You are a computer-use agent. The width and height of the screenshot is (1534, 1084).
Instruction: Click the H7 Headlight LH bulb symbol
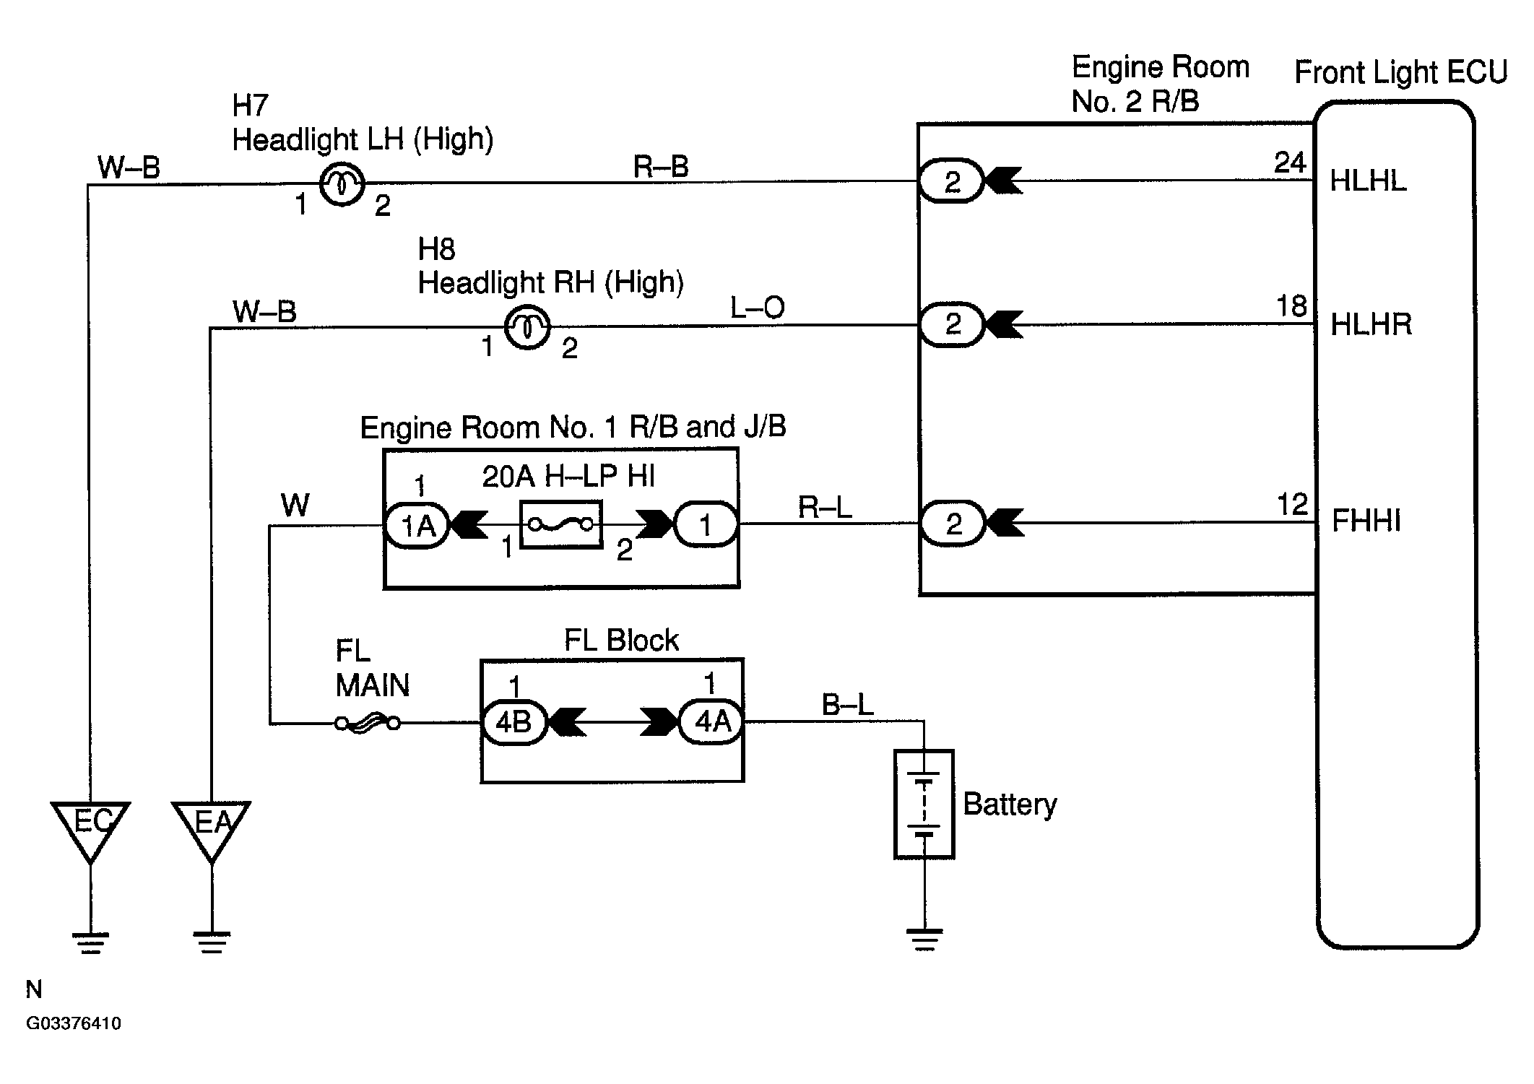pyautogui.click(x=342, y=183)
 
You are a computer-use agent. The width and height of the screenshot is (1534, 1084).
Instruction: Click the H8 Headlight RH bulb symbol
pyautogui.click(x=527, y=327)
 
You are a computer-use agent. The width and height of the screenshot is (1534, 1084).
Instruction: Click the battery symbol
pyautogui.click(x=924, y=804)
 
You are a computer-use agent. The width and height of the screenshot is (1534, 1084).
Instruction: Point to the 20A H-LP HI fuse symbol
pyautogui.click(x=561, y=524)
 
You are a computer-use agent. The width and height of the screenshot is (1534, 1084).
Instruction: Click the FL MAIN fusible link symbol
pyautogui.click(x=368, y=721)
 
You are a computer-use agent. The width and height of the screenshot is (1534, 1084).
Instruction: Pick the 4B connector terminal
pyautogui.click(x=514, y=721)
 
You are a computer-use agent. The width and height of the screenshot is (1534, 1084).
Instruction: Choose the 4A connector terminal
pyautogui.click(x=711, y=721)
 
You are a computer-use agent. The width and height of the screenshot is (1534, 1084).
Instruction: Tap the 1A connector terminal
pyautogui.click(x=417, y=524)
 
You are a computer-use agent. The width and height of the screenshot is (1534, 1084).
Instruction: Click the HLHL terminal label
pyautogui.click(x=1368, y=181)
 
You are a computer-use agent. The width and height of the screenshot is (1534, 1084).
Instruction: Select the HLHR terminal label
pyautogui.click(x=1370, y=324)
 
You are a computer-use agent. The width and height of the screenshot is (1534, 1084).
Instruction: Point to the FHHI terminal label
pyautogui.click(x=1366, y=521)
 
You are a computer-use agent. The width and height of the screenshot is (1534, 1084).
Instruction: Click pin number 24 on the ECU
pyautogui.click(x=1290, y=162)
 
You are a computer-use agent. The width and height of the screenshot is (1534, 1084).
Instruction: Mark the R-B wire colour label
pyautogui.click(x=661, y=167)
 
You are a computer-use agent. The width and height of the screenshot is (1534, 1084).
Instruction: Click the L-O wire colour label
pyautogui.click(x=758, y=308)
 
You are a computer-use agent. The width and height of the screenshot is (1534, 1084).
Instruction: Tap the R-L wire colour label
pyautogui.click(x=825, y=507)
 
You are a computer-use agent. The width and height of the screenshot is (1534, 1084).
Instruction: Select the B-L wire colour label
pyautogui.click(x=848, y=704)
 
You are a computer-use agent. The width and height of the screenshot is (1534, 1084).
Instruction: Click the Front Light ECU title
pyautogui.click(x=1400, y=72)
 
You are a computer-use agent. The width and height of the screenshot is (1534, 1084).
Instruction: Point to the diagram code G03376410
pyautogui.click(x=74, y=1024)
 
